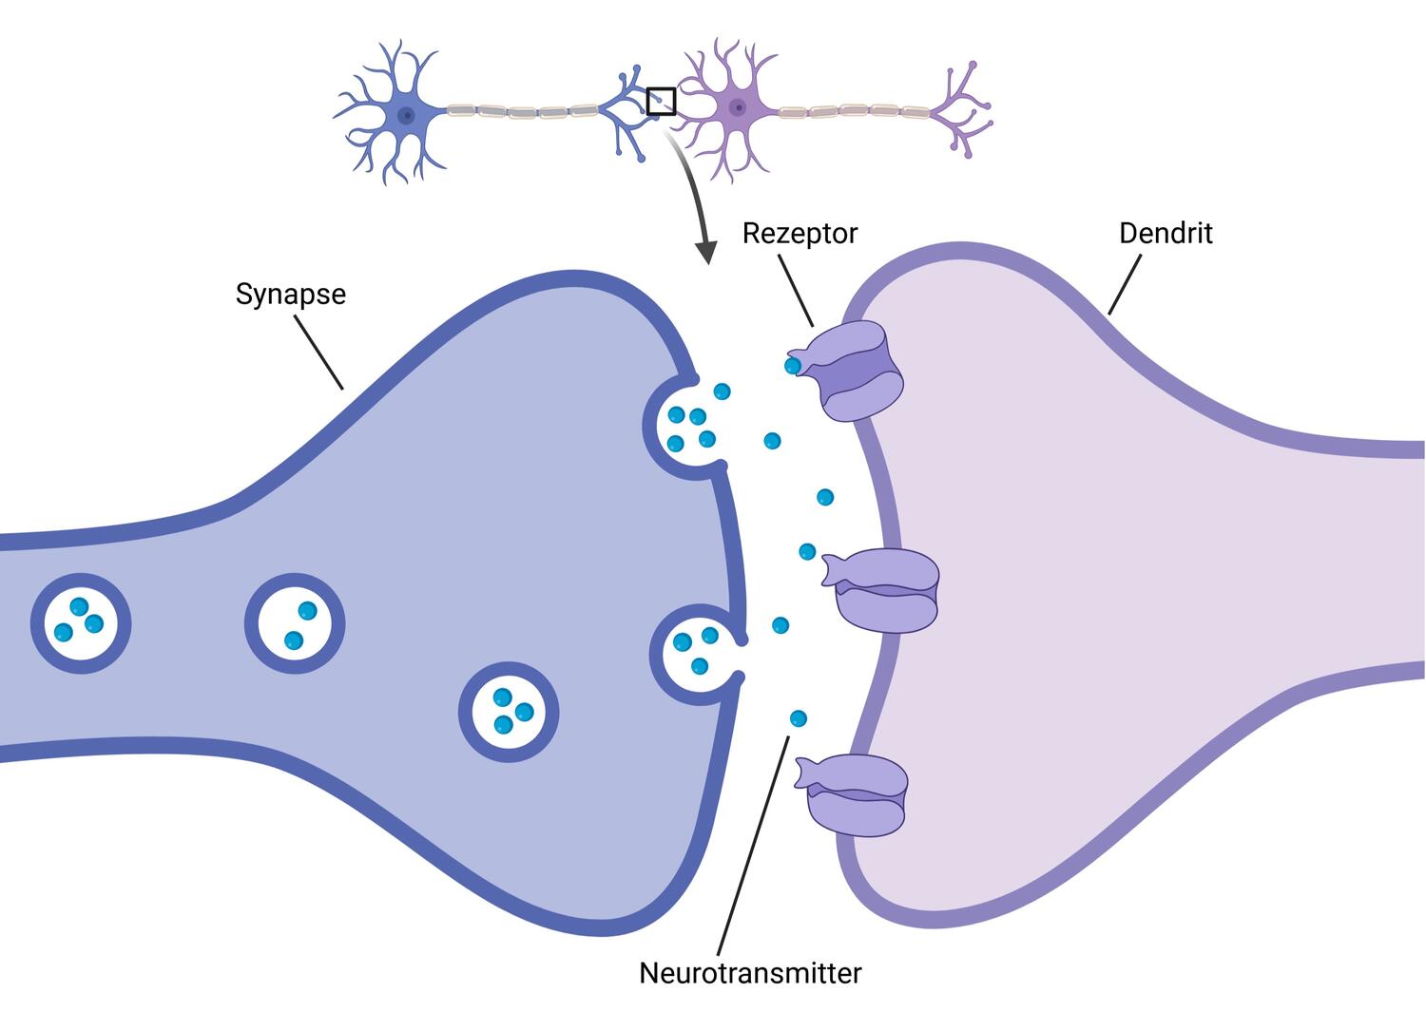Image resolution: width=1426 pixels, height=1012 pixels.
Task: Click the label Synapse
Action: click(290, 294)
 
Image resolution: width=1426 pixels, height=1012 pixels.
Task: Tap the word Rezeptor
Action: click(800, 233)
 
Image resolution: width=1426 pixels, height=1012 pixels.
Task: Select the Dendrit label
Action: click(1166, 233)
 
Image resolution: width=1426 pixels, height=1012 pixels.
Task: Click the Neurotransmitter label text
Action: click(750, 973)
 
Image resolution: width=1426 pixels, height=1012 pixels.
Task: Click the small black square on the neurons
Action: click(661, 101)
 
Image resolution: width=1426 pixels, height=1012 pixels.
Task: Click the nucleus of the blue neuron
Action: click(406, 116)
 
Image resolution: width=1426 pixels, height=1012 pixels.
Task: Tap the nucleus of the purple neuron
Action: click(737, 107)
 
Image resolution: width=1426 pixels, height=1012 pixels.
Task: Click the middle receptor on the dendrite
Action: click(884, 590)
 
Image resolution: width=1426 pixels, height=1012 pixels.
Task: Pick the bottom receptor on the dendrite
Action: click(856, 793)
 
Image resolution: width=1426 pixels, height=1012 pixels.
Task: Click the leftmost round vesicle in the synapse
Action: click(81, 623)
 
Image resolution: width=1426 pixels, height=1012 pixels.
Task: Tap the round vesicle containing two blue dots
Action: click(295, 623)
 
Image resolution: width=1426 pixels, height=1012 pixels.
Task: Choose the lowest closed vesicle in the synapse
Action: click(509, 713)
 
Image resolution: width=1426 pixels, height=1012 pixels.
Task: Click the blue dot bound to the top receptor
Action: click(792, 365)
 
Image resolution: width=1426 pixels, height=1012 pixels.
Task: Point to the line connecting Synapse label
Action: click(318, 353)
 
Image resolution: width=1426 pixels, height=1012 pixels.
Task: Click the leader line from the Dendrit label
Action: click(1125, 283)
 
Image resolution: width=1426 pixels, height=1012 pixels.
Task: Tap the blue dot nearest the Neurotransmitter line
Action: click(798, 717)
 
